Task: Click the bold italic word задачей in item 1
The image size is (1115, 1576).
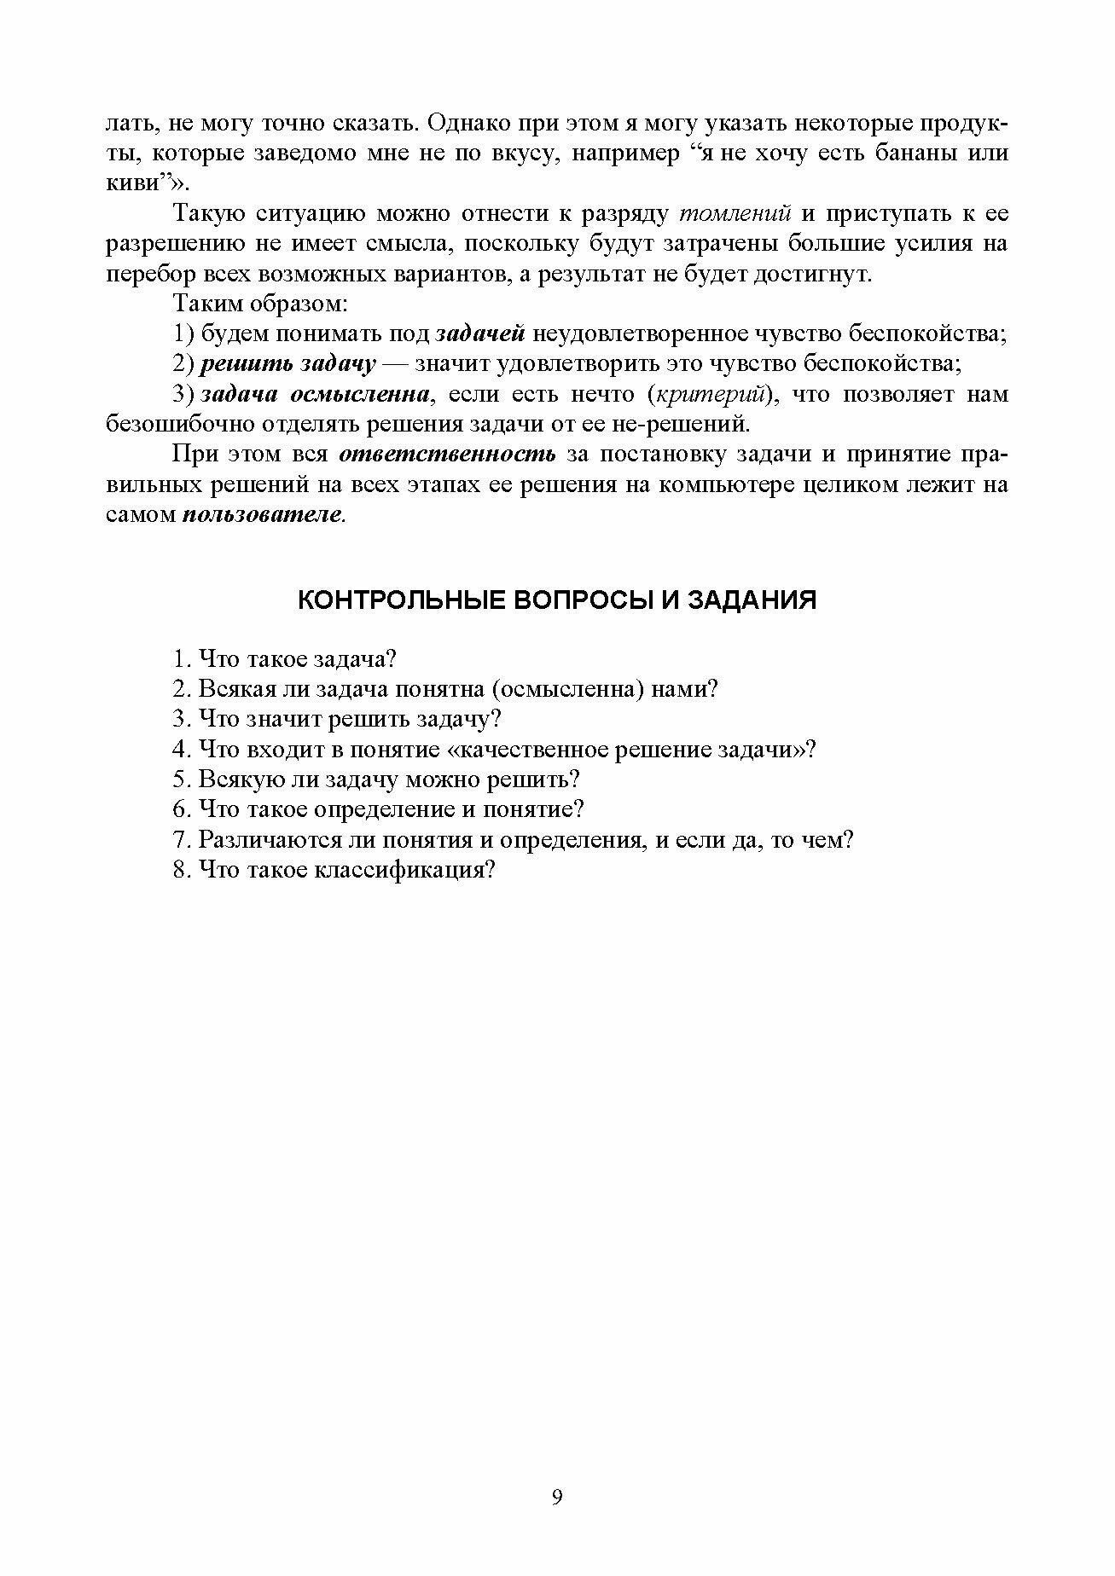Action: click(480, 333)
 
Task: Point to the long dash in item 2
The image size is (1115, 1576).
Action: click(396, 364)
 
